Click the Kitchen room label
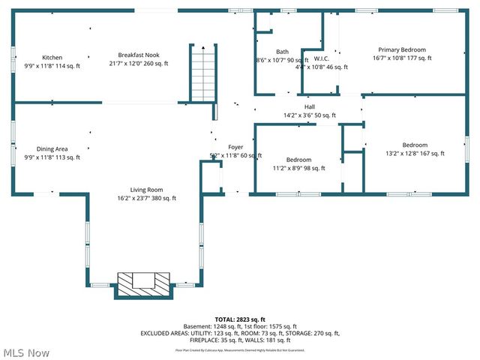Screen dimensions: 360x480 (52, 57)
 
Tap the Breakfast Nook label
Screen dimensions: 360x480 (139, 55)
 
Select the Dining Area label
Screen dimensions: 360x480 (52, 148)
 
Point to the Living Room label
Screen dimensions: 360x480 (145, 190)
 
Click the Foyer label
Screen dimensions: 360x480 (235, 147)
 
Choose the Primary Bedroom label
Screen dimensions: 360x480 (401, 49)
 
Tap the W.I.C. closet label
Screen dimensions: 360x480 (322, 58)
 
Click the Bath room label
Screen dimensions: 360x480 (262, 52)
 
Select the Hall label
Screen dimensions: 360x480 (309, 106)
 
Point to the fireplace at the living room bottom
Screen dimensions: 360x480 (144, 283)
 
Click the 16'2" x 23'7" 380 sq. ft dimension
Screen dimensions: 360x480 (146, 199)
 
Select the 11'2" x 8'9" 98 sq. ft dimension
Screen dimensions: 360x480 (298, 169)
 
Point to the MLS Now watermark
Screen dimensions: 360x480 (26, 352)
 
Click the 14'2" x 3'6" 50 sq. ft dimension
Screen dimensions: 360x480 (309, 115)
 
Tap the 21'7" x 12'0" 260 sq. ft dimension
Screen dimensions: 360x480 (139, 64)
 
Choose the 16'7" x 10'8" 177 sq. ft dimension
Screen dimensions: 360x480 (401, 58)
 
